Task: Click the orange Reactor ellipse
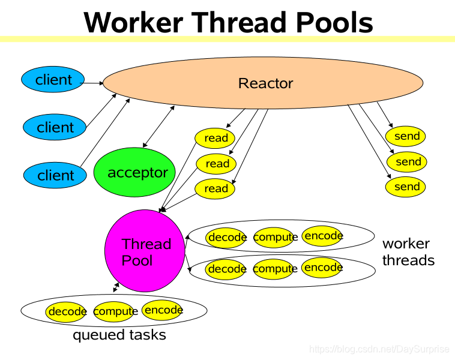[x=265, y=83]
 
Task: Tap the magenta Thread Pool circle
[x=144, y=251]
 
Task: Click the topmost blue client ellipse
[x=53, y=80]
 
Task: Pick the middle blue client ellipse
[x=55, y=127]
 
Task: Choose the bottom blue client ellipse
[x=55, y=175]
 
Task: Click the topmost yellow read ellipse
[x=215, y=138]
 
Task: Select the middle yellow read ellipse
[x=217, y=163]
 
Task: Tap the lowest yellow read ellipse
[x=215, y=188]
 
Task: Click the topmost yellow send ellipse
[x=406, y=136]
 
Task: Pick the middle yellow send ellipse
[x=408, y=161]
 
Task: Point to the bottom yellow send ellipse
[x=406, y=187]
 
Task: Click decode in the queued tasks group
[x=67, y=311]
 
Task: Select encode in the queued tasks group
[x=163, y=310]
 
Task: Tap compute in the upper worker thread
[x=275, y=237]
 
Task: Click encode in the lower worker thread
[x=323, y=267]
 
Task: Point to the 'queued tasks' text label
[x=119, y=335]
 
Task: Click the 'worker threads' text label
[x=408, y=252]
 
